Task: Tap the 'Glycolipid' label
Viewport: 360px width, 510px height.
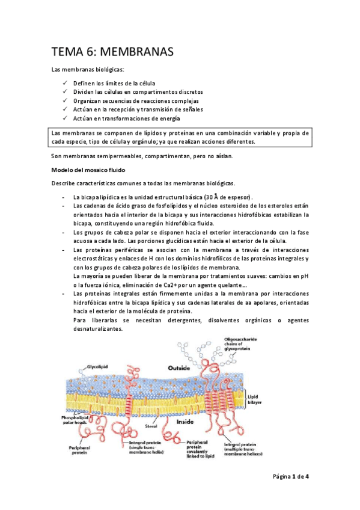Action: pyautogui.click(x=97, y=364)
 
